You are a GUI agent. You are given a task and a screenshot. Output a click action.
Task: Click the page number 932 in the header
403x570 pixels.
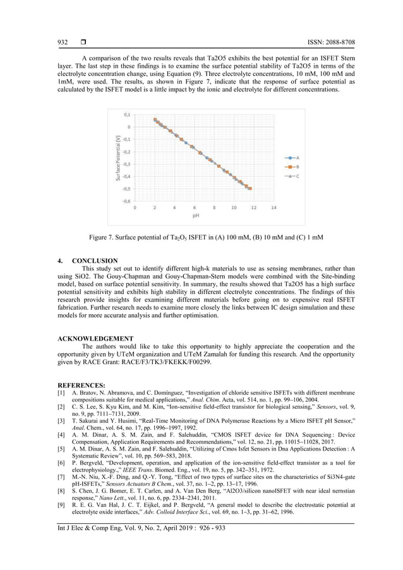63,42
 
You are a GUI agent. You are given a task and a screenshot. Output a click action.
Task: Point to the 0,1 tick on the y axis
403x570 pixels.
127,115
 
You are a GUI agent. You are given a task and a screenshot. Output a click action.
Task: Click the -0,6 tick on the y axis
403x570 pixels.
126,201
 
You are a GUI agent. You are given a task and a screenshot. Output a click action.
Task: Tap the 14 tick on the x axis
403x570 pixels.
274,207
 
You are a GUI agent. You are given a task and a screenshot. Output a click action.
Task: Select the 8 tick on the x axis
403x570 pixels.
214,207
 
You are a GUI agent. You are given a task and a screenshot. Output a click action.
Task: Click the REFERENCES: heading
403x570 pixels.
81,384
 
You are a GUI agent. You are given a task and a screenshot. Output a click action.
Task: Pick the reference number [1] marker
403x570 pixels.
62,392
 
